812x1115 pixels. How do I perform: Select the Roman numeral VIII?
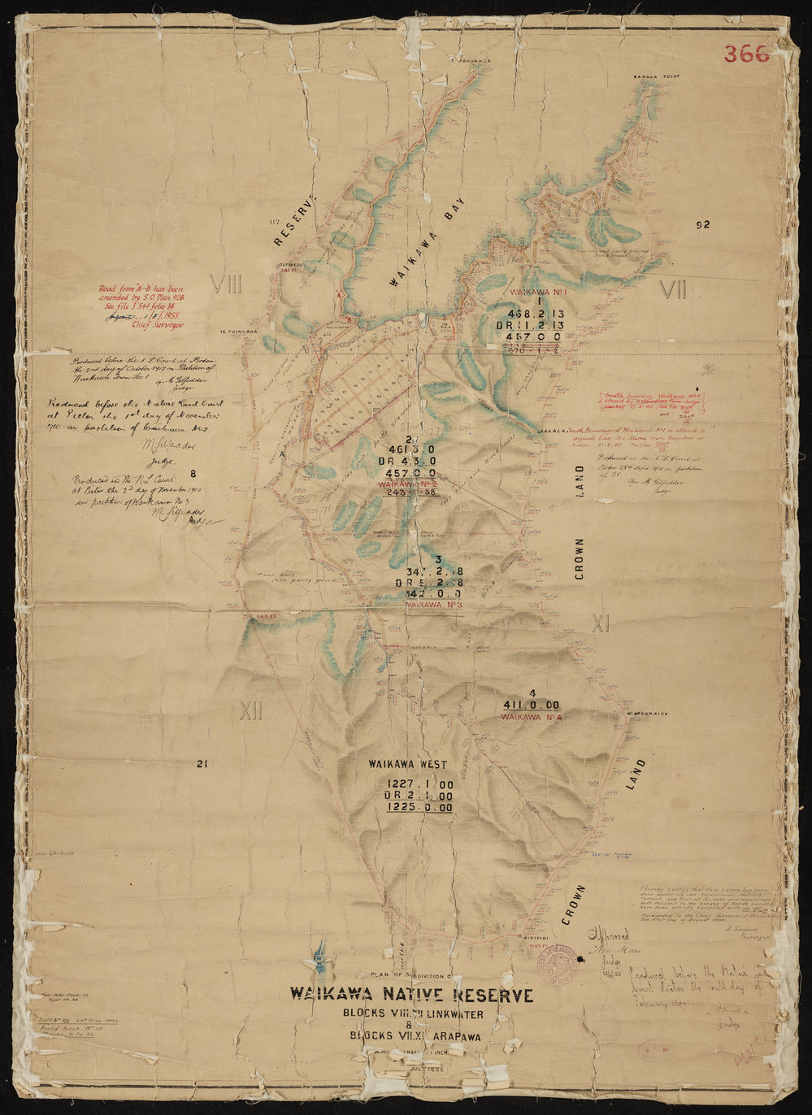pos(226,284)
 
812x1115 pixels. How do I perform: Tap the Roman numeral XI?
pos(600,623)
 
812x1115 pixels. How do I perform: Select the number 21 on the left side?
pos(202,763)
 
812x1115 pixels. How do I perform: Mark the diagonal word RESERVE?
pos(293,221)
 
